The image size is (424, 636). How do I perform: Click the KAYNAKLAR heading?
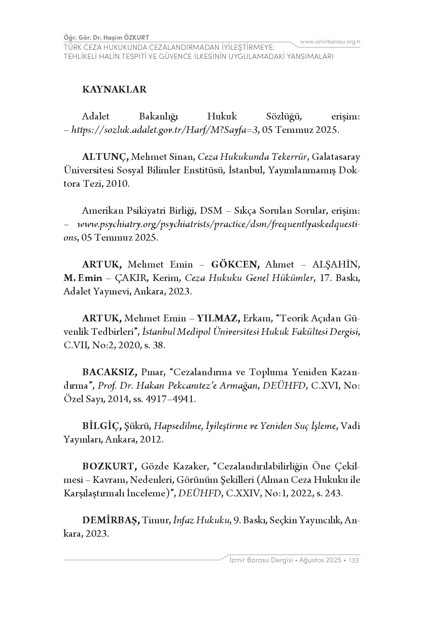point(114,90)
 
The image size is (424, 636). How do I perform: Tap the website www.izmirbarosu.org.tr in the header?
point(330,42)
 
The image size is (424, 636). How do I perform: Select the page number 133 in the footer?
point(354,560)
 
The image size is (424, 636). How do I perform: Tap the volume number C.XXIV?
point(243,494)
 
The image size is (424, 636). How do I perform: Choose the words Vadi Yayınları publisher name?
point(350,426)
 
